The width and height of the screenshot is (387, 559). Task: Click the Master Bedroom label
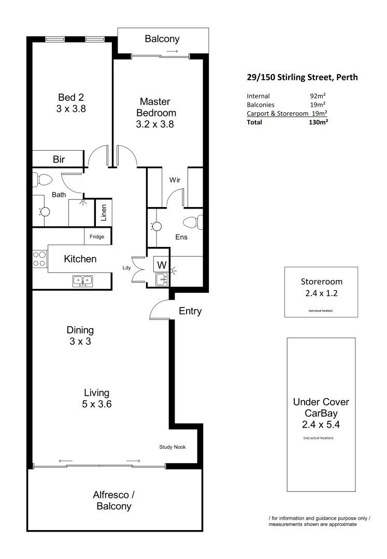point(156,107)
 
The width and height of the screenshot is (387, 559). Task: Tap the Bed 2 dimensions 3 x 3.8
point(70,109)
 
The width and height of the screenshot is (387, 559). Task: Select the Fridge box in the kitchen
point(97,237)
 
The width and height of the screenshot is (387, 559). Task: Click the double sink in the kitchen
point(82,281)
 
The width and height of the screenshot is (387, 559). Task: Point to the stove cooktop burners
point(39,258)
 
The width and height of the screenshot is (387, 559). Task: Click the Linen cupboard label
point(103,212)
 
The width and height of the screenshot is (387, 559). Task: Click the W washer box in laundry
point(161,265)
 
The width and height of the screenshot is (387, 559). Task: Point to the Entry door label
point(190,312)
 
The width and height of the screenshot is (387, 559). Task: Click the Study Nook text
point(173,447)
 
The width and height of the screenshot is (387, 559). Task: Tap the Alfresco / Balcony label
point(114,500)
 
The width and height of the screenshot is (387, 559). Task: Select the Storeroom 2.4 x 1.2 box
point(321,291)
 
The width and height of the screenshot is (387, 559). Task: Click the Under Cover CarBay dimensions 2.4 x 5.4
point(321,425)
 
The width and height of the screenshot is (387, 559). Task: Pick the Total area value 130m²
point(319,122)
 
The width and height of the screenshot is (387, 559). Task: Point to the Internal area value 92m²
point(317,96)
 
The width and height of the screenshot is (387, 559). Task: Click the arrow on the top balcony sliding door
point(173,52)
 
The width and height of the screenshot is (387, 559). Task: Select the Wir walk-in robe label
point(175,181)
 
